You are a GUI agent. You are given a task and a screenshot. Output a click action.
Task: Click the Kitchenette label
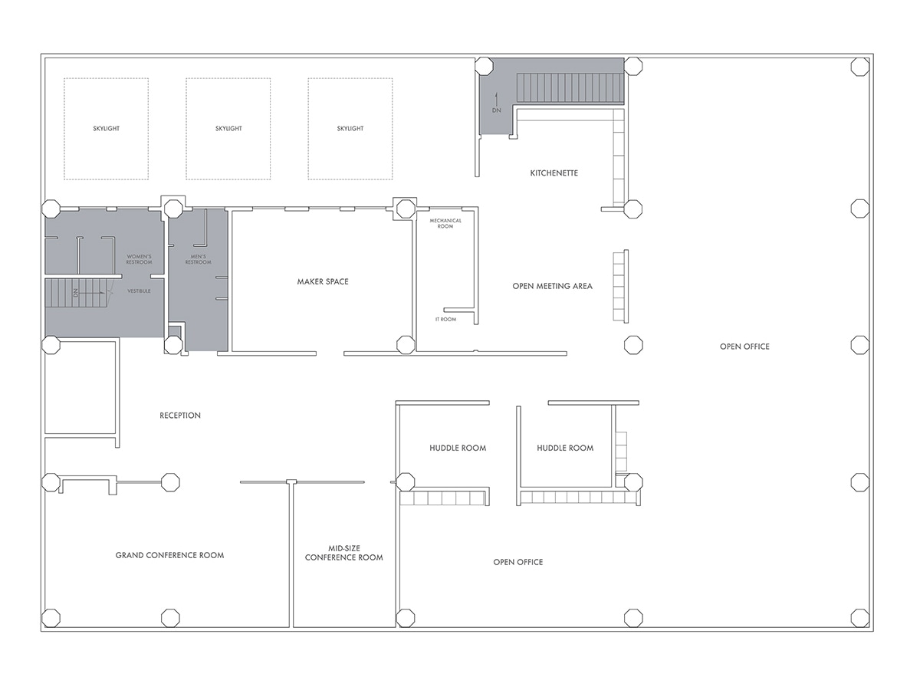(554, 173)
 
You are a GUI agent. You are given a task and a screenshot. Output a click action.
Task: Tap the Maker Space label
(323, 282)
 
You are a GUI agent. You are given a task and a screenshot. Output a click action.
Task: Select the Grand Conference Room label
(169, 555)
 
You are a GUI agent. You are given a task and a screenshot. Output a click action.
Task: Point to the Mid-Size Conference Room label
(343, 553)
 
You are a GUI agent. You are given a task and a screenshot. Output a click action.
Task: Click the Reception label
(180, 416)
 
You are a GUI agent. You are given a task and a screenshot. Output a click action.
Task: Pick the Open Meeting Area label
(552, 287)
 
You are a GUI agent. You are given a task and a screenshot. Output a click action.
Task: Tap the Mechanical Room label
(445, 223)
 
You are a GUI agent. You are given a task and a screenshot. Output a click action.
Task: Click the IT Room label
(445, 319)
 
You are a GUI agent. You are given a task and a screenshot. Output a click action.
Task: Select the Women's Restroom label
(140, 259)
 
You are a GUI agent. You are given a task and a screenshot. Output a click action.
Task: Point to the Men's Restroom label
(198, 259)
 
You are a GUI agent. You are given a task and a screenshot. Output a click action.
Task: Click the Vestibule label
(139, 291)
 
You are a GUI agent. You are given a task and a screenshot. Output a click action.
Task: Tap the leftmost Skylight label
(106, 129)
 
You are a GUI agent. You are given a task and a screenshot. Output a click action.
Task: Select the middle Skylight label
(228, 129)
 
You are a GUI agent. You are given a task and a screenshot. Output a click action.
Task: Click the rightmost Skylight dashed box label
(350, 129)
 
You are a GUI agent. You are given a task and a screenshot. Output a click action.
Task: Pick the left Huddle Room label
(458, 449)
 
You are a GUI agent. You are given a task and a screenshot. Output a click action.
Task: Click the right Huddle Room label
(565, 449)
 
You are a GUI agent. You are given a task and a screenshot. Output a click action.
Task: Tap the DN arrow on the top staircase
(496, 100)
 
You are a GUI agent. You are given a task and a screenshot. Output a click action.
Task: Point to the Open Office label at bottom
(517, 563)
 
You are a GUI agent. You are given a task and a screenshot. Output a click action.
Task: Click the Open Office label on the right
(744, 347)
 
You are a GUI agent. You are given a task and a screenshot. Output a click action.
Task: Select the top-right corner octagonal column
(860, 67)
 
